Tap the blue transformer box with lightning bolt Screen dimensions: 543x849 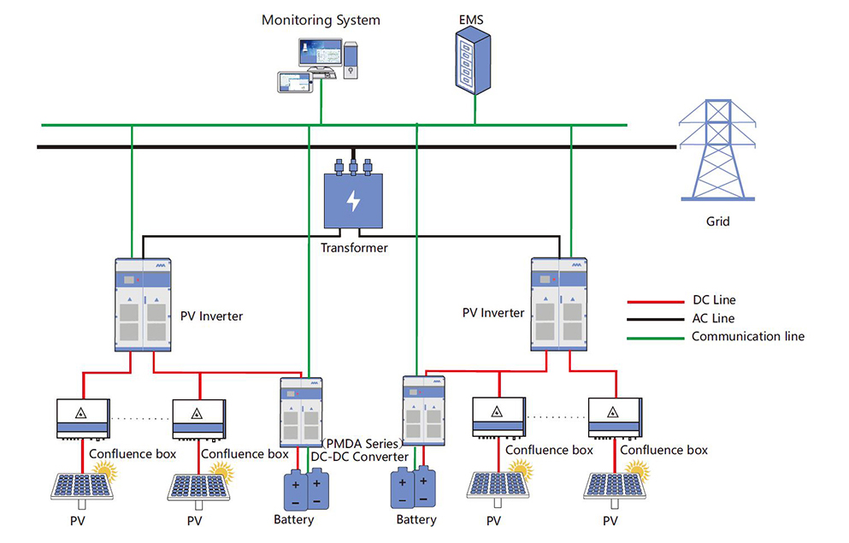tap(353, 200)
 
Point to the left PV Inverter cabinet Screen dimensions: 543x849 tap(142, 304)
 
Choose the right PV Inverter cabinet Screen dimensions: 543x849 tap(559, 304)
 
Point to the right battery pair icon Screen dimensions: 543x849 tap(414, 488)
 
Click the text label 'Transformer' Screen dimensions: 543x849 tap(354, 248)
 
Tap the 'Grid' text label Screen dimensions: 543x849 tap(717, 221)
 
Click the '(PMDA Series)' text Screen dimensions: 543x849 tap(363, 443)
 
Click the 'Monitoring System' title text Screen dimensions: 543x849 tap(321, 20)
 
